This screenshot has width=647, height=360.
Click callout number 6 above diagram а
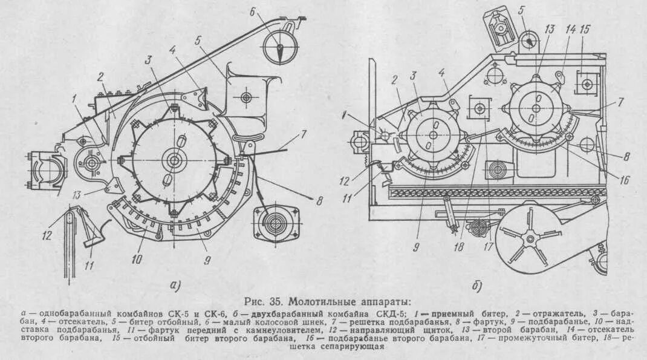[x=253, y=10]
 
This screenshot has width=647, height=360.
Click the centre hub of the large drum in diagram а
[x=174, y=160]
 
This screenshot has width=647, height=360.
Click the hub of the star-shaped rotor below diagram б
[x=531, y=240]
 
